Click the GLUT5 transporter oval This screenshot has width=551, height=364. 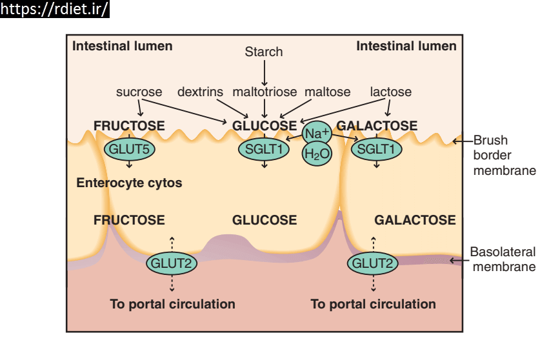point(129,149)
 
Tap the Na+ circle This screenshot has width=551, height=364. point(317,134)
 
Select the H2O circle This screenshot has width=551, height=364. point(317,154)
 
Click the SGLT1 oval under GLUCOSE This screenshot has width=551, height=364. point(264,149)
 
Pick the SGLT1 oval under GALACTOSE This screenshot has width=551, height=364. point(376,149)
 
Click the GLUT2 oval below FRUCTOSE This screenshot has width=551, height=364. point(172,263)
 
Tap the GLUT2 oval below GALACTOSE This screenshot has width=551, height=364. point(372,263)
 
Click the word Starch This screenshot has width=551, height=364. point(263,52)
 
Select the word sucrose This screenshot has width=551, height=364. point(139,92)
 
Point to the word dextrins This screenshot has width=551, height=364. point(200,92)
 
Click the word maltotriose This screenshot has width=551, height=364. point(265,92)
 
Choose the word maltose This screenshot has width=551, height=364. point(328,92)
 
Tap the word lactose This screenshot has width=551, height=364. point(391,92)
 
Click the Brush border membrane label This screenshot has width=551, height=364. point(505,155)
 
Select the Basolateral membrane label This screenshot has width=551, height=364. point(503,259)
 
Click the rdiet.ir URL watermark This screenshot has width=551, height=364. point(54,9)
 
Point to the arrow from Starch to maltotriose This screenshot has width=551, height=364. point(265,73)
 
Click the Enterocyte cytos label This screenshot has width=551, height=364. point(129,183)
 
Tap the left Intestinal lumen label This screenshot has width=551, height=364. point(123,46)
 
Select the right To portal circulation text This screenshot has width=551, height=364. point(373,304)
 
